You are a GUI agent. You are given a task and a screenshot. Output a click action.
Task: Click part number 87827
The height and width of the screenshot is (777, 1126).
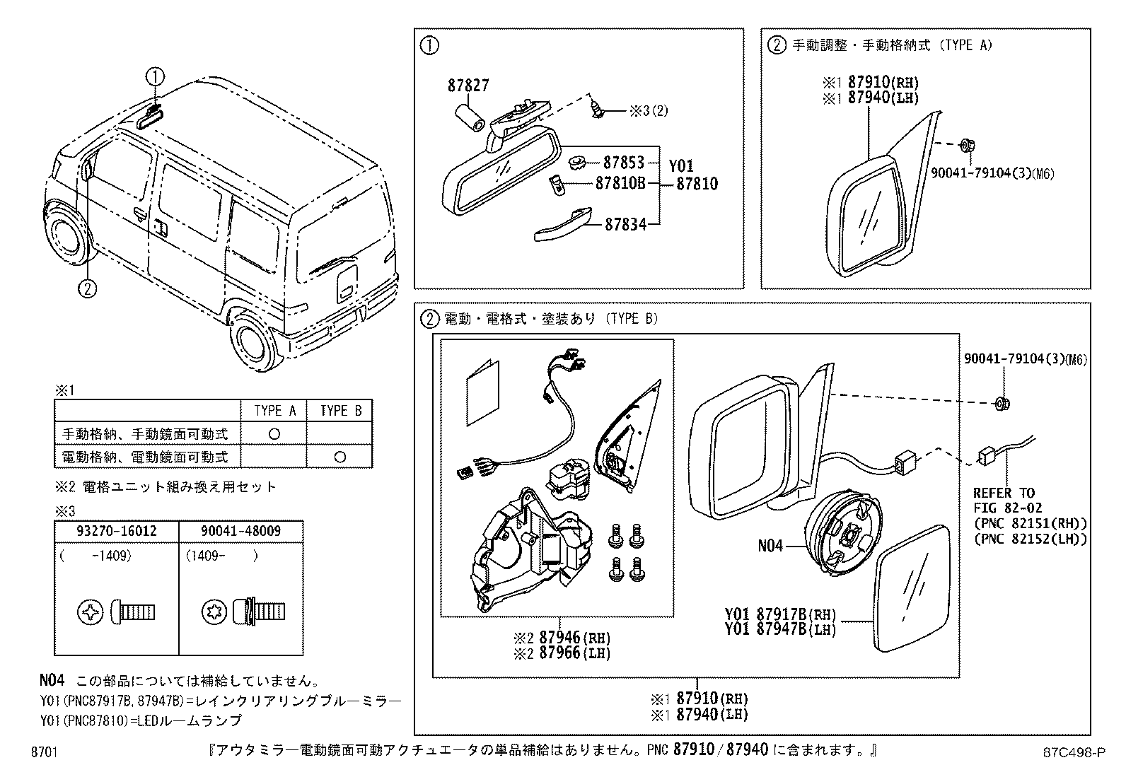[x=468, y=86]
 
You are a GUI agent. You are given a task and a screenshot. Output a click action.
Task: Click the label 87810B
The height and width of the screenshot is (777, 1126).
[x=621, y=184]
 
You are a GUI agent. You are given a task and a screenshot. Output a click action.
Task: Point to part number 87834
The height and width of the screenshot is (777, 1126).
[x=625, y=226]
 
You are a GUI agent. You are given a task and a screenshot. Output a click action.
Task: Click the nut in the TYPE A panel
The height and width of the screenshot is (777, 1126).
[x=966, y=146]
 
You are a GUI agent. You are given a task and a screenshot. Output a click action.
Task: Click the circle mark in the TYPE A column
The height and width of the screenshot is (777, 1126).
[x=274, y=433]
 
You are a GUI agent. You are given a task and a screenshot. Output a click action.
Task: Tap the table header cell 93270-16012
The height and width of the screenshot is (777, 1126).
[x=117, y=530]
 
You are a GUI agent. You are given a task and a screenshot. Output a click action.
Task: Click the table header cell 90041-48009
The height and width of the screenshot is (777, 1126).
[x=240, y=530]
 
